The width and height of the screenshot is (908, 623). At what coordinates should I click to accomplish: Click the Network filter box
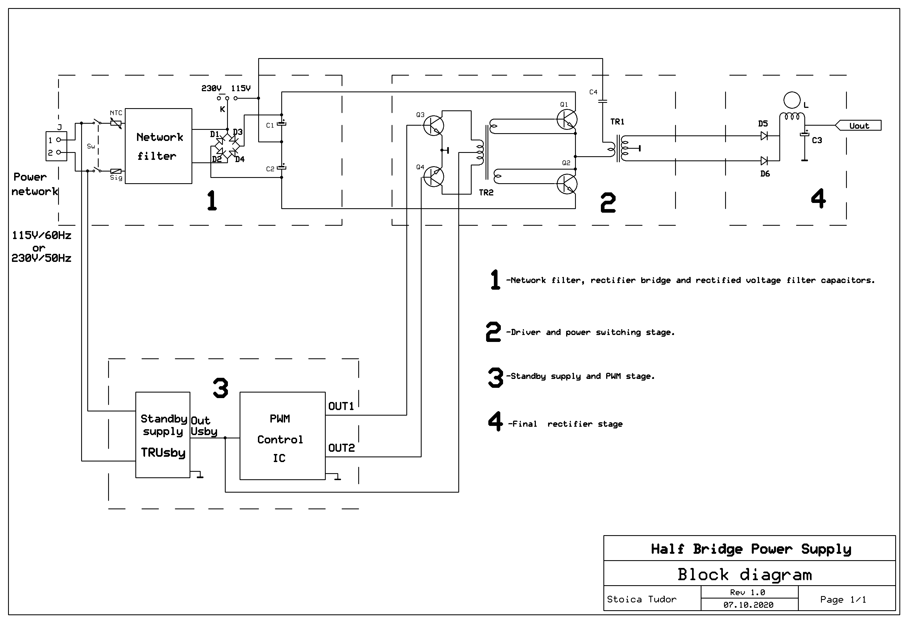click(x=158, y=146)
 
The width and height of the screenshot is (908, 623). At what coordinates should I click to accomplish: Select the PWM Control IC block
click(x=282, y=436)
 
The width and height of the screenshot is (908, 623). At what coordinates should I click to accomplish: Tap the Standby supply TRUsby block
click(x=163, y=435)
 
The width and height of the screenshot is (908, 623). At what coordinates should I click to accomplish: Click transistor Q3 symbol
click(x=433, y=125)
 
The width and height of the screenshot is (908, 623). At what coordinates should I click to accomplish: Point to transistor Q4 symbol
click(x=433, y=177)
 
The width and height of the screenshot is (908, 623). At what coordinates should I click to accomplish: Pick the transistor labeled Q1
click(x=566, y=119)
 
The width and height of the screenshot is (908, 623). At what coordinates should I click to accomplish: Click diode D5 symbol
click(x=764, y=136)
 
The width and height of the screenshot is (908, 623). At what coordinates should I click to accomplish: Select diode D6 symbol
click(x=764, y=161)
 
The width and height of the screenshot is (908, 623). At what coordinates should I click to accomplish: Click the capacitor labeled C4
click(x=603, y=101)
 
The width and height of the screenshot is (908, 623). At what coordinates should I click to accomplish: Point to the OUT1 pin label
click(x=341, y=406)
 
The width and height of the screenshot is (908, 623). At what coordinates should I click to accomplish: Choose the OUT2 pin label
click(x=341, y=448)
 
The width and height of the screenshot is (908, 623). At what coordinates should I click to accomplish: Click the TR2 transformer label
click(x=486, y=193)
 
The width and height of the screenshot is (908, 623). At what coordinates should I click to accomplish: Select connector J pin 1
click(x=58, y=140)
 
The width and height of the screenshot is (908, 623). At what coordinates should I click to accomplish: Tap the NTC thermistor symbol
click(x=116, y=123)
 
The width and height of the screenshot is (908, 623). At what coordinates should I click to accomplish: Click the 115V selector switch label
click(x=241, y=88)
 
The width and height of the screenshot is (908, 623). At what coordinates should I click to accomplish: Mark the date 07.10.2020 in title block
click(x=748, y=605)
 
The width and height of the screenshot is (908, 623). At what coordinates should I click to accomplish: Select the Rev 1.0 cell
click(x=747, y=592)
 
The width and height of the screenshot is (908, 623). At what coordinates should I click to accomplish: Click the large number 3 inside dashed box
click(x=221, y=388)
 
